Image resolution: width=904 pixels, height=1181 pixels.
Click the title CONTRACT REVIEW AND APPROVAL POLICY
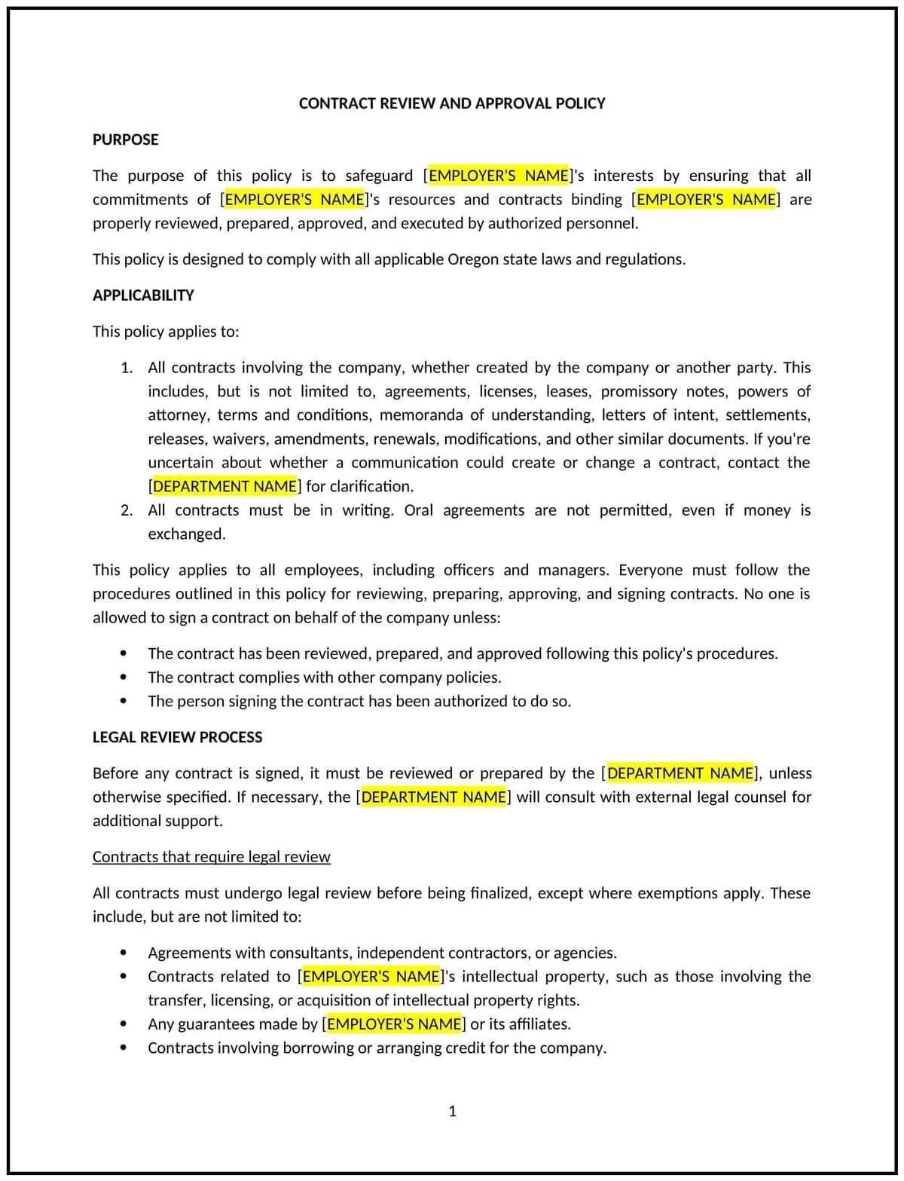[452, 103]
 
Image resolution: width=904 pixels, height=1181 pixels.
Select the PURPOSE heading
[125, 139]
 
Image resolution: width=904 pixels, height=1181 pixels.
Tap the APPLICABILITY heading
[143, 295]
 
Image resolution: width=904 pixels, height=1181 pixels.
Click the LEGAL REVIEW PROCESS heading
[177, 737]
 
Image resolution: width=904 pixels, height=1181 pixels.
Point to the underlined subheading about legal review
[211, 857]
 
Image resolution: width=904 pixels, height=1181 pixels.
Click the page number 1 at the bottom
[452, 1111]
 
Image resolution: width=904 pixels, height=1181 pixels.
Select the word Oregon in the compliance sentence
[473, 259]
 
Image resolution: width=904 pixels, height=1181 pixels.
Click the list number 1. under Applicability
[127, 368]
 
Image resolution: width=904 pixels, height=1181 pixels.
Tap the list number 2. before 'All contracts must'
[127, 510]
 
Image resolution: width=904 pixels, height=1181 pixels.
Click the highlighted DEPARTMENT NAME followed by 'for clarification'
[224, 486]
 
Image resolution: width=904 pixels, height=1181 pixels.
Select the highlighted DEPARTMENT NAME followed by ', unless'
[680, 773]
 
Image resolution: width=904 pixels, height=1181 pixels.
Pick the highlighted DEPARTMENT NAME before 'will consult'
[433, 797]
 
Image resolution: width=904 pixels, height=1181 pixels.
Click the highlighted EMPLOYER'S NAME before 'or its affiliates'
[394, 1024]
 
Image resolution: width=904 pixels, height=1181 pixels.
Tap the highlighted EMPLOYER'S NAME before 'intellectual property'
[371, 977]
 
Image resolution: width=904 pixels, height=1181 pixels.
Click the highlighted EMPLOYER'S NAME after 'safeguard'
[498, 176]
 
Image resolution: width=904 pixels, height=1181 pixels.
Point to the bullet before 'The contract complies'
[123, 678]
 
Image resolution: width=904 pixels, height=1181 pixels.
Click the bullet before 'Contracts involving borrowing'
[123, 1048]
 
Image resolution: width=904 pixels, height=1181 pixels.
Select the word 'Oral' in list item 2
[418, 510]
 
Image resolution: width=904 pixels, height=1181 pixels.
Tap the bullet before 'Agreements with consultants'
[123, 953]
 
